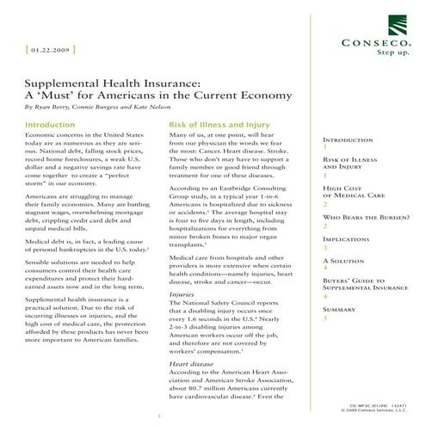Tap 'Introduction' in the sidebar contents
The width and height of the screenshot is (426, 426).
pyautogui.click(x=347, y=139)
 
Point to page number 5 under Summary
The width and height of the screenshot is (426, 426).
pyautogui.click(x=324, y=318)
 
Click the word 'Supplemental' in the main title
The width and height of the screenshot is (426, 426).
pyautogui.click(x=68, y=82)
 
